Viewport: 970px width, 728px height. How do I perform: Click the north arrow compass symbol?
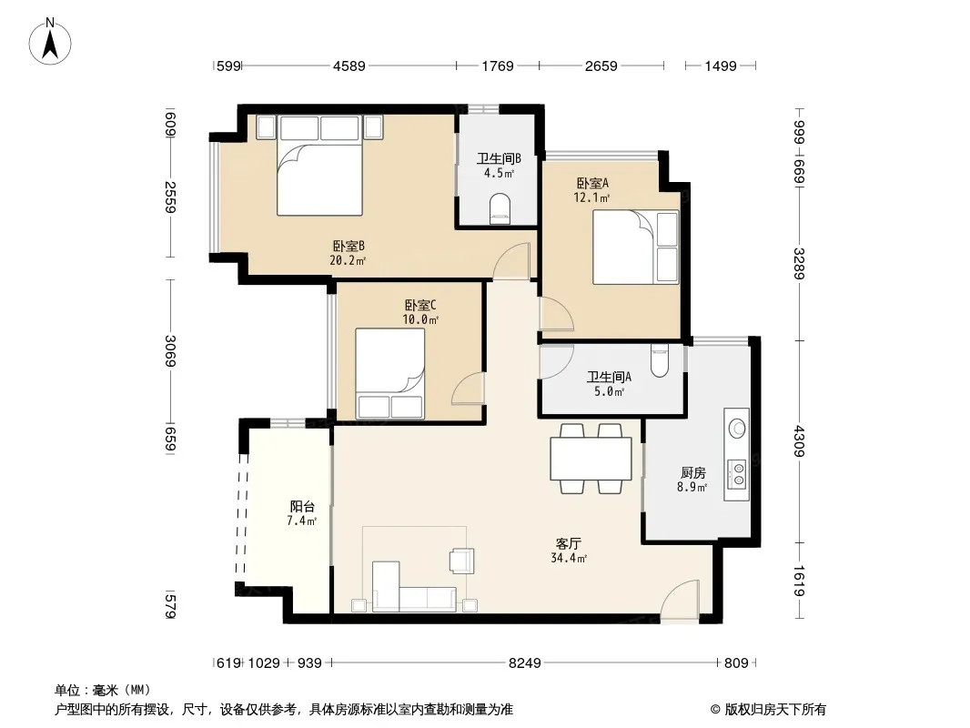[50, 42]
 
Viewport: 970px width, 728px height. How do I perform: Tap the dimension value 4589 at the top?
[349, 66]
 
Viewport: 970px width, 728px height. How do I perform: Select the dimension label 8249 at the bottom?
[525, 663]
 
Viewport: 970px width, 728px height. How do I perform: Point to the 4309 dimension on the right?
[800, 441]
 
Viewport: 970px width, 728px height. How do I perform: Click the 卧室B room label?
[349, 247]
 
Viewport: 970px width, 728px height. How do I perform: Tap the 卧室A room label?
[592, 183]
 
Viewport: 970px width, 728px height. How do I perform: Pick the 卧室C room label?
[420, 305]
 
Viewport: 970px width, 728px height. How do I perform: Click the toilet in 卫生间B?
[500, 207]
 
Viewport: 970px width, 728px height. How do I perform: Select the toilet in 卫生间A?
[660, 360]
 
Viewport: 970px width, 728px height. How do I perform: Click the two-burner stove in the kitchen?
[737, 474]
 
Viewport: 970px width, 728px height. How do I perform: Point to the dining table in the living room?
[591, 459]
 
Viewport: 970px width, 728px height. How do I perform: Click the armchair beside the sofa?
[461, 561]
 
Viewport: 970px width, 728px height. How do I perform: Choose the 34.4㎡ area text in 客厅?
[569, 559]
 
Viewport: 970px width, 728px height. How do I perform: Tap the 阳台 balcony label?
[302, 507]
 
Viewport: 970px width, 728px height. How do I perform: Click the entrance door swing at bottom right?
[680, 599]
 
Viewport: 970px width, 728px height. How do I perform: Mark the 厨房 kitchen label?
[692, 473]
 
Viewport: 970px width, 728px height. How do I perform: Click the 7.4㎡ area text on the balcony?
[302, 521]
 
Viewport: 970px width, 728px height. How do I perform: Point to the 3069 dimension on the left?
[171, 350]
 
